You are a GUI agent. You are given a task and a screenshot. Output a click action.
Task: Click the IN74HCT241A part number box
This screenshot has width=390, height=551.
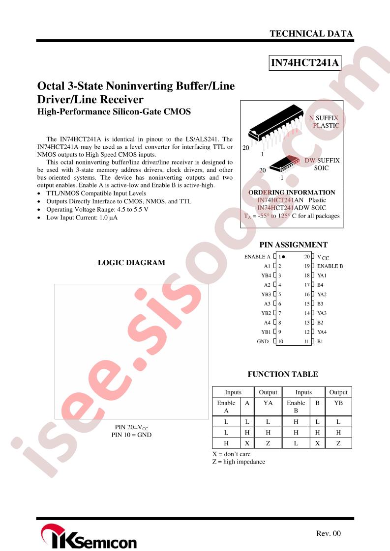305,62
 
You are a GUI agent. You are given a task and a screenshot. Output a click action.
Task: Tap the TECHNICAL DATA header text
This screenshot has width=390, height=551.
311,34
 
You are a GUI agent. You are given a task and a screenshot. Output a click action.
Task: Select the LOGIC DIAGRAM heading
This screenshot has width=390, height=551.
131,263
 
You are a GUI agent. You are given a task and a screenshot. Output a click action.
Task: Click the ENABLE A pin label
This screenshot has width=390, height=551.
257,257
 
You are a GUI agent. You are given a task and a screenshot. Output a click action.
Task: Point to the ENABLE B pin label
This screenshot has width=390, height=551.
330,266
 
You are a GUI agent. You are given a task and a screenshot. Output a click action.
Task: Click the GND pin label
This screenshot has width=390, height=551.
263,341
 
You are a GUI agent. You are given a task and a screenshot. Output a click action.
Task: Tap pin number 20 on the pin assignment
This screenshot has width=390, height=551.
307,257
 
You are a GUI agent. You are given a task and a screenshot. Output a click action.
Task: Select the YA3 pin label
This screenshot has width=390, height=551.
322,313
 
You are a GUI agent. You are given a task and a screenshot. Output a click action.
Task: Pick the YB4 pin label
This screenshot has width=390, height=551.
266,275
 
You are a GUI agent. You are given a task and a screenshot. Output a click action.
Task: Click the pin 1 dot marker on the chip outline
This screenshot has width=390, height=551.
283,257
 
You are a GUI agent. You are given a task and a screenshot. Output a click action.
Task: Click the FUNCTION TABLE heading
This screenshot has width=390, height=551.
283,374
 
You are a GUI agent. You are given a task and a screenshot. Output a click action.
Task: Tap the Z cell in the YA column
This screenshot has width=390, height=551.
268,443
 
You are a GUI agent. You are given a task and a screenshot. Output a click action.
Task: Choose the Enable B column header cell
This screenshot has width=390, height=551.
296,407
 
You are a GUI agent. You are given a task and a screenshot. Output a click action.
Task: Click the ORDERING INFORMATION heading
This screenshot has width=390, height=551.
292,193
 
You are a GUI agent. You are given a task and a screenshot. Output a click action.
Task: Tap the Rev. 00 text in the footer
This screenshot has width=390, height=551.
329,533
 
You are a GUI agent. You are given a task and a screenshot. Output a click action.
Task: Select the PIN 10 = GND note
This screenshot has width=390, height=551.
131,435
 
